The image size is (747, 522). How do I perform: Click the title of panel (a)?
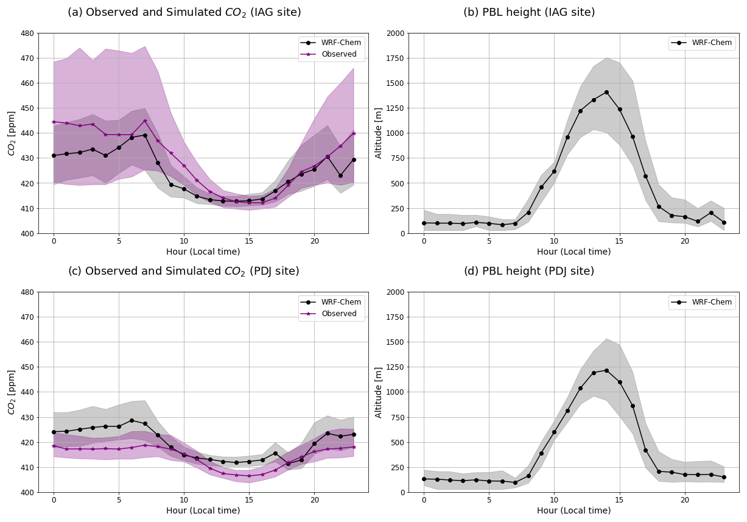coord(184,12)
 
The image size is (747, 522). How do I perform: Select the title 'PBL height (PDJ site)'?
coord(528,271)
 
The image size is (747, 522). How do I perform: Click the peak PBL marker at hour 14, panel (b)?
coord(606,93)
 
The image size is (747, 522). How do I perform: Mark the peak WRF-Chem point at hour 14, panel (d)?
coord(606,370)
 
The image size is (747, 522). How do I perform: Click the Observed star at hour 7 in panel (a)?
coord(145,121)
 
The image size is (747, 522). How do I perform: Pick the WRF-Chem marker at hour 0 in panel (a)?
coord(54,155)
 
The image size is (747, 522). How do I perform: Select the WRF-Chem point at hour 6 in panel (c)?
coord(132,420)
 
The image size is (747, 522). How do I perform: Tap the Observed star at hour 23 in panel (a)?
coord(354,133)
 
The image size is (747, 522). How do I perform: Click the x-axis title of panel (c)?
coord(203,510)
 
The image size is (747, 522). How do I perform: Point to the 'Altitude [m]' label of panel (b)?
coord(379,133)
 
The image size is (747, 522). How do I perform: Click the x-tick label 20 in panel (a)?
coord(314,241)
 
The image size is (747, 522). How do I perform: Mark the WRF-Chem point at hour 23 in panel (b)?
coord(724,222)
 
